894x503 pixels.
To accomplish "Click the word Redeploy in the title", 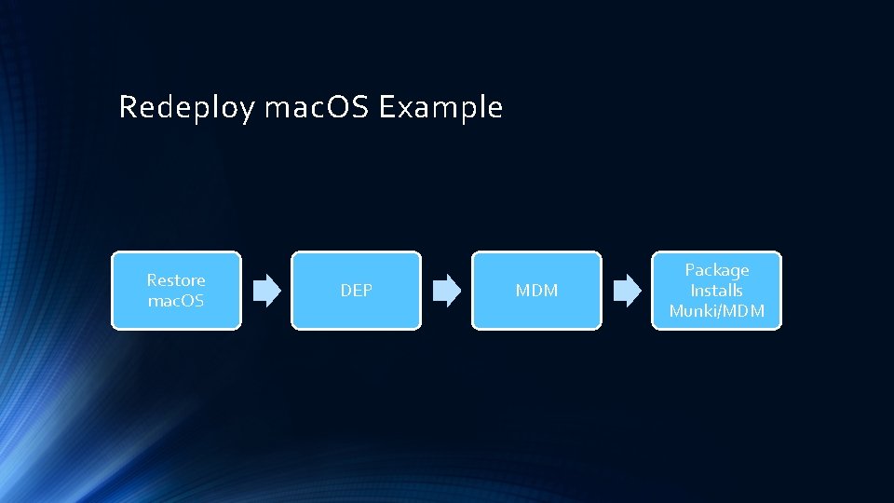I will click(x=186, y=108).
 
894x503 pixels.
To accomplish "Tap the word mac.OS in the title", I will click(x=318, y=108).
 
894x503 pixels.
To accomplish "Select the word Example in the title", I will click(x=441, y=108).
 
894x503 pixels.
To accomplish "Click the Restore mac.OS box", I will click(x=176, y=291).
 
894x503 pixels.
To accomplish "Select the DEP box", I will click(x=356, y=291).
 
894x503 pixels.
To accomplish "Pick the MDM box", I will click(x=536, y=291).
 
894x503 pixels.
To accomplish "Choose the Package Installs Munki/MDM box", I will click(x=716, y=291).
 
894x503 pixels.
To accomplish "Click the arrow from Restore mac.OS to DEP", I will click(x=266, y=291).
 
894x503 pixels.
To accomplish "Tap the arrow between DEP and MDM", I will click(x=447, y=291).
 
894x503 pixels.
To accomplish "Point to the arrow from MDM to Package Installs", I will click(x=627, y=291).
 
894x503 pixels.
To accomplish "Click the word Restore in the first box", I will click(x=176, y=280).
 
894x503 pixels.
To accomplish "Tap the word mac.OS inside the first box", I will click(x=176, y=301).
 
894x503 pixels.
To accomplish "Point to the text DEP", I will click(x=356, y=291).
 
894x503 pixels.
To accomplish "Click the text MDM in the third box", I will click(x=536, y=291).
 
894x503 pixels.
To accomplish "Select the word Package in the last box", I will click(x=717, y=270).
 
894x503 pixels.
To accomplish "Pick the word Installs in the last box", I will click(x=717, y=291).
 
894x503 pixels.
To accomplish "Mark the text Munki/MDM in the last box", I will click(x=717, y=311).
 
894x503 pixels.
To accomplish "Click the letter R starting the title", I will click(x=128, y=108).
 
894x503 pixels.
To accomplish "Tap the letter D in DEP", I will click(x=345, y=291).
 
